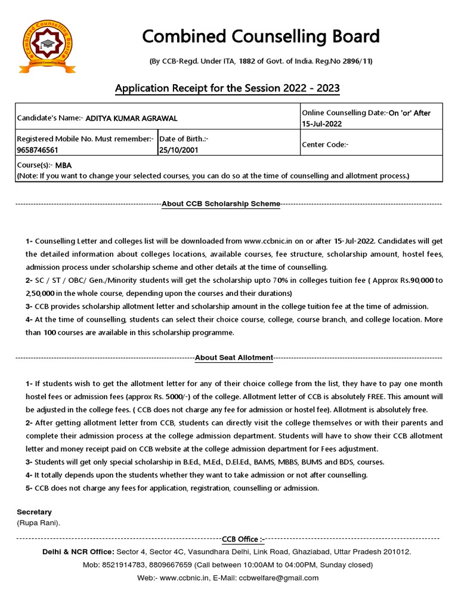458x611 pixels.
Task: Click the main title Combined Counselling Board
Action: tap(261, 36)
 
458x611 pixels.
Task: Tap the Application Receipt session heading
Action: tap(227, 89)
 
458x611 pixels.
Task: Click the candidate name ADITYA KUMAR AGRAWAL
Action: tap(132, 119)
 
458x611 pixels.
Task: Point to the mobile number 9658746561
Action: tap(38, 150)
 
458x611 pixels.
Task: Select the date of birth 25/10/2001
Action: tap(179, 150)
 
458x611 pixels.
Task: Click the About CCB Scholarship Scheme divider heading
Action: tap(221, 204)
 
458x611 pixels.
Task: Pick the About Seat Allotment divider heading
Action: tap(234, 358)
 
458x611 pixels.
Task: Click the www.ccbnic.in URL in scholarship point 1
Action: tap(271, 241)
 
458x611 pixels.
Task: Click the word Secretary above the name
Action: tap(34, 512)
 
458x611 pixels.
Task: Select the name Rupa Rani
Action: tap(38, 523)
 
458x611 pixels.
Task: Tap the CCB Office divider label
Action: tap(243, 539)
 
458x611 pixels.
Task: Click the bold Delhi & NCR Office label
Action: tap(78, 552)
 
